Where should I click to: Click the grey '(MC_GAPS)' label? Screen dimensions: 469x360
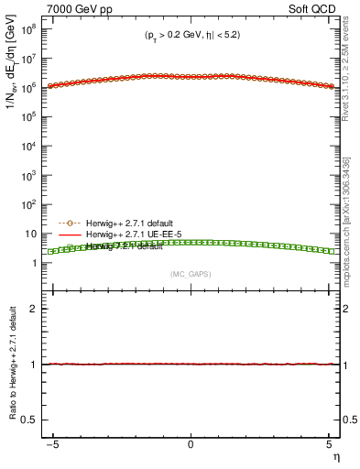[191, 274]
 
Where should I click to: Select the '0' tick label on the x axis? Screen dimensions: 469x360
[191, 444]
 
